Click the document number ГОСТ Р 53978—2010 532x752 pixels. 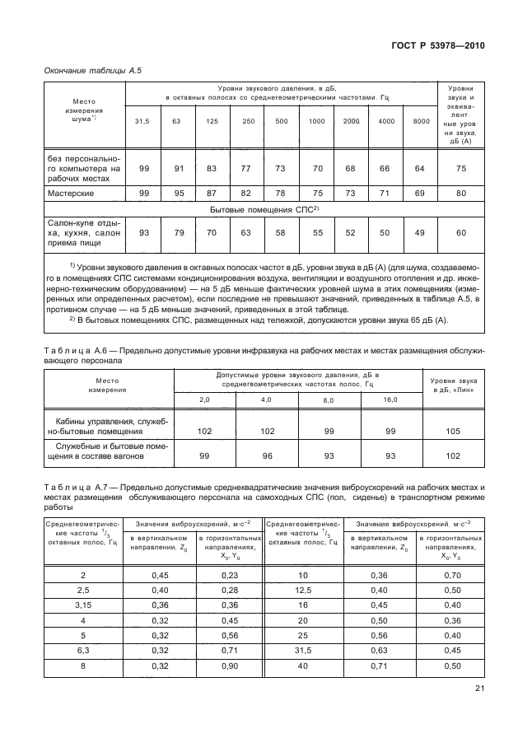437,45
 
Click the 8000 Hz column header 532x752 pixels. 421,121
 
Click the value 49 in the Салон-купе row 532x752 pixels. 421,232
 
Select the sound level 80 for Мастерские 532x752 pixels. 460,194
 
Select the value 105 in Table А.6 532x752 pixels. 454,429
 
